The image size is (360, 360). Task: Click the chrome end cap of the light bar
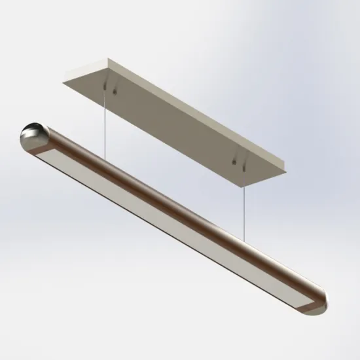[x=31, y=135]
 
